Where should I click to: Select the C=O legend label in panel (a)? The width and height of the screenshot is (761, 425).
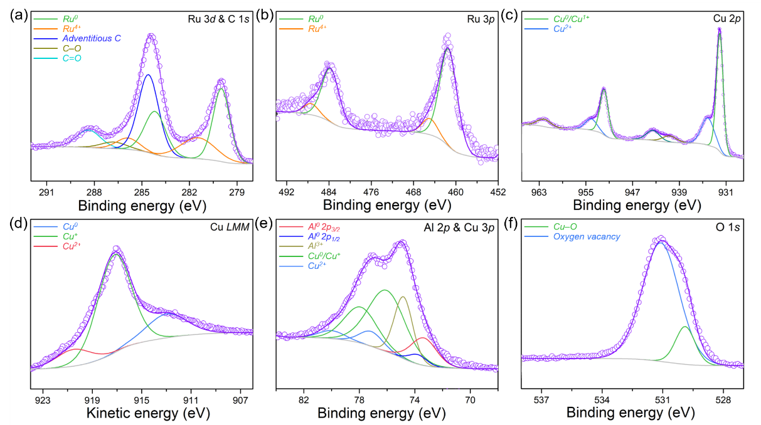[72, 58]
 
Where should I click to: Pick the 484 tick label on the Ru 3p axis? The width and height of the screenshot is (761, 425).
[329, 191]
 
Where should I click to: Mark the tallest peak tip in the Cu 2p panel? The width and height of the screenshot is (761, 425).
[720, 31]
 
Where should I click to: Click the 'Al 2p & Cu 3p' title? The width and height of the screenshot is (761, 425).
[463, 227]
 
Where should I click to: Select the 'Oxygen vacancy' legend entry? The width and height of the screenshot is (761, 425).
[585, 238]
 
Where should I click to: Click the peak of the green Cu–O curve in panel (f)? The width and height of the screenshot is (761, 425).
[685, 327]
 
